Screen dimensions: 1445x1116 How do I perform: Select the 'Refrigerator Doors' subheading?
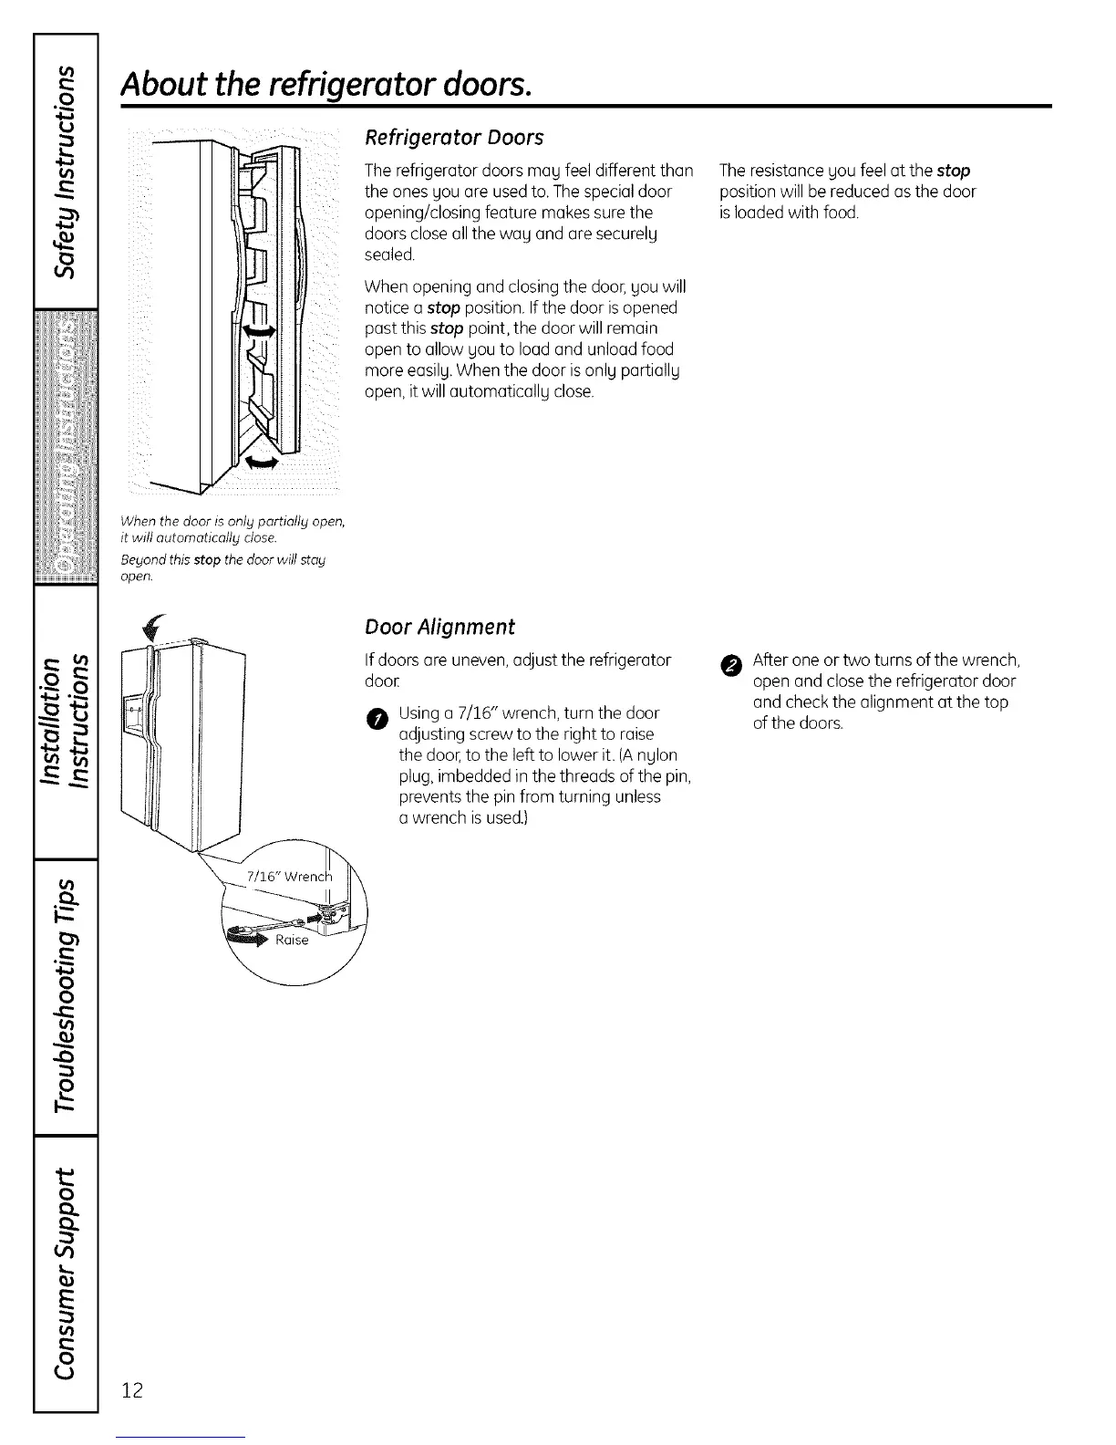(453, 138)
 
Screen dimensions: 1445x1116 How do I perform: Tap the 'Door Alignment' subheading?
(439, 627)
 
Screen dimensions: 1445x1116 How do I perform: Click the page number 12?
(132, 1390)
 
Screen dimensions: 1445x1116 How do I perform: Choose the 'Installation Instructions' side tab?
(65, 720)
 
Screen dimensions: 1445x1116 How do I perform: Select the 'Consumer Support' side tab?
(65, 1269)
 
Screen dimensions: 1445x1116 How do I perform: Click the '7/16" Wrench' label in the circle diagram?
(286, 878)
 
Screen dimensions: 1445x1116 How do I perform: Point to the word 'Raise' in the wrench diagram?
(292, 940)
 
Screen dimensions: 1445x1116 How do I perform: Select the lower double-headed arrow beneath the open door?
(259, 463)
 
